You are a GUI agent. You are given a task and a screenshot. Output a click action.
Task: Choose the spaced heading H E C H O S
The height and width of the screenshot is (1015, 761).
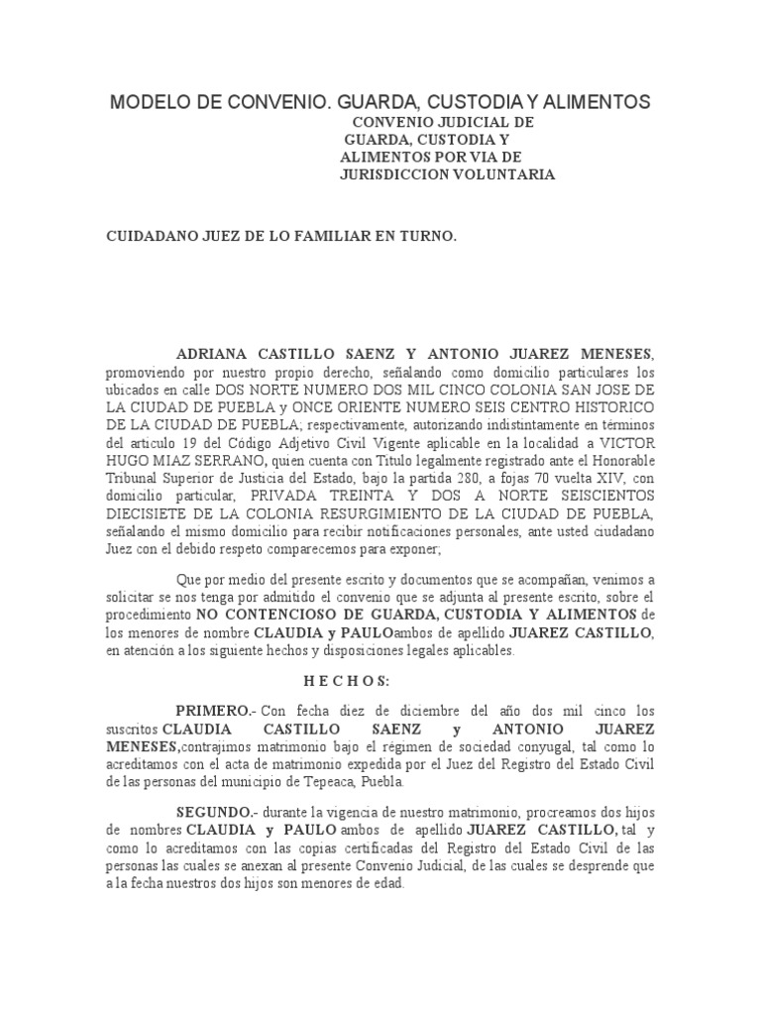347,681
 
